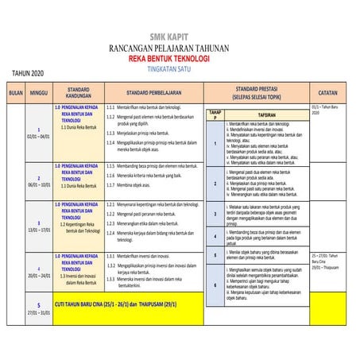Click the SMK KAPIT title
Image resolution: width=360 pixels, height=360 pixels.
180,37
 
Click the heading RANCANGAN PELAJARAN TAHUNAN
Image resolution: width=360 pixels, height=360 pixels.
180,48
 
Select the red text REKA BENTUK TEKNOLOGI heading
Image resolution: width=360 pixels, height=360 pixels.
180,59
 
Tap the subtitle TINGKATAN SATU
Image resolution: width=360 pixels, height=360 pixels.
180,68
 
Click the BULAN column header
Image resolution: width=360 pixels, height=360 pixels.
14,93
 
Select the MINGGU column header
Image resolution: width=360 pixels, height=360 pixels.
39,93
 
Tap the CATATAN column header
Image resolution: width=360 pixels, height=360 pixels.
327,93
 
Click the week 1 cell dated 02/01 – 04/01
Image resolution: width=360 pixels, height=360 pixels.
39,133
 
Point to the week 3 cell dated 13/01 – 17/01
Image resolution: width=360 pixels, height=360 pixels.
39,225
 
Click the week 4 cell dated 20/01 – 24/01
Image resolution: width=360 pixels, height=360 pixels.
39,272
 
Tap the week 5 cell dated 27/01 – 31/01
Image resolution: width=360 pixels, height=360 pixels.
39,308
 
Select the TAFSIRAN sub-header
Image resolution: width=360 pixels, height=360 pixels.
266,114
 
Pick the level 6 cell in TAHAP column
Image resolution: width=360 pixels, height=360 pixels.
215,285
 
